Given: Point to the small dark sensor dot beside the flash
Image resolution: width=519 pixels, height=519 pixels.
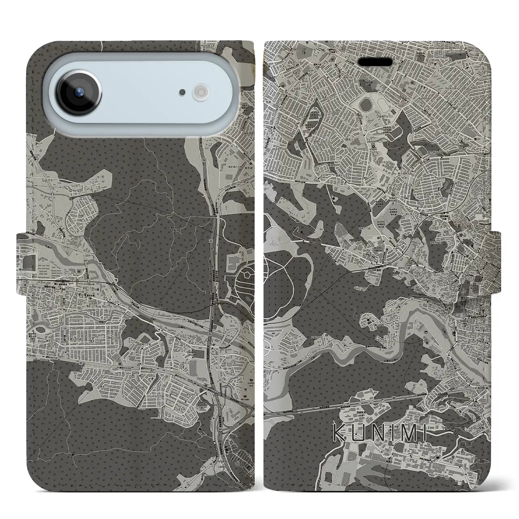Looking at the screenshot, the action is pos(183,92).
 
